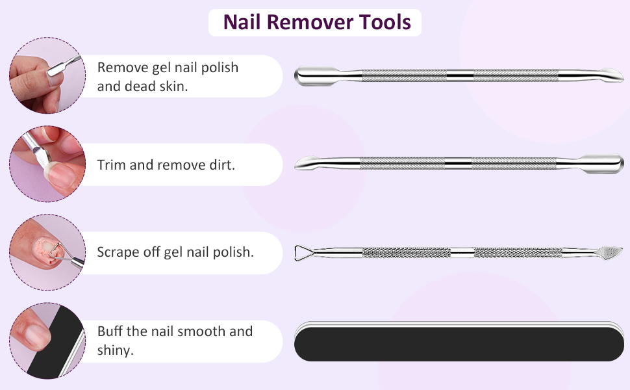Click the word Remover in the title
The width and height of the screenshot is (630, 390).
[310, 22]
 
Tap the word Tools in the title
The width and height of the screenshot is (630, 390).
[384, 22]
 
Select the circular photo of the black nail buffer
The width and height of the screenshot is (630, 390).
[47, 341]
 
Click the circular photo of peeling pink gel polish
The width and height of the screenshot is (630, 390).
[47, 252]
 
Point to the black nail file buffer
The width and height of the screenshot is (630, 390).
[459, 341]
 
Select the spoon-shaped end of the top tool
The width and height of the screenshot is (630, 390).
[609, 75]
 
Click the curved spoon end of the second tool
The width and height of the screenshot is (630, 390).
[308, 163]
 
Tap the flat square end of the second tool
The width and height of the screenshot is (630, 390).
[603, 164]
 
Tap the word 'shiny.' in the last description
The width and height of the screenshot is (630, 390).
[116, 350]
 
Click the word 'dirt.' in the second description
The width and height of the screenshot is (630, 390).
[222, 165]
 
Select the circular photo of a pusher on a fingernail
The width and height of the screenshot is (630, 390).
[47, 75]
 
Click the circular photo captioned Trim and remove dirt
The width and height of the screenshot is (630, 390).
[47, 164]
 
